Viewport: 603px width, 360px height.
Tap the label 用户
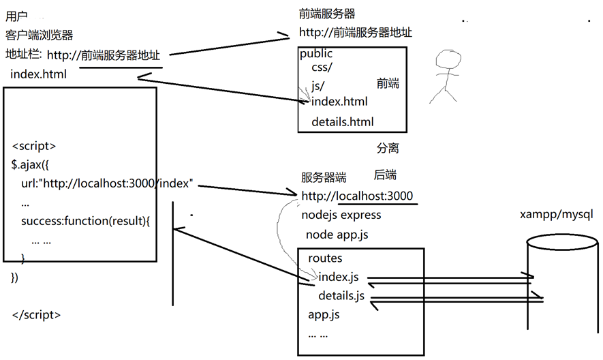click(x=16, y=16)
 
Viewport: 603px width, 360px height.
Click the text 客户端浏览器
click(x=39, y=35)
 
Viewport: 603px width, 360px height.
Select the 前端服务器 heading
click(x=327, y=14)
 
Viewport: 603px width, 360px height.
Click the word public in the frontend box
click(x=316, y=53)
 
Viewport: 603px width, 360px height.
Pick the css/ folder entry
click(x=322, y=68)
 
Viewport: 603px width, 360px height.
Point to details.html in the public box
click(x=343, y=122)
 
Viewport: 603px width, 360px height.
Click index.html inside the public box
click(x=339, y=102)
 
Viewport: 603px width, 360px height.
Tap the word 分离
click(x=387, y=147)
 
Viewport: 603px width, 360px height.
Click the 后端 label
click(x=385, y=175)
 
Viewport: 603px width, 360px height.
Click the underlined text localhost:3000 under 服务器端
click(x=375, y=196)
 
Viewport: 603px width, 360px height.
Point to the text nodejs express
click(x=341, y=215)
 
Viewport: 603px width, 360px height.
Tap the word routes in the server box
click(x=325, y=258)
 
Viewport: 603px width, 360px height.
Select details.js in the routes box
click(x=341, y=296)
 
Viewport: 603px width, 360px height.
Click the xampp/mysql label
click(x=556, y=215)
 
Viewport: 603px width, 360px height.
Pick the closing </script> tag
click(x=37, y=315)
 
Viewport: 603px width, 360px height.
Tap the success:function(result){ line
click(x=85, y=222)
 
